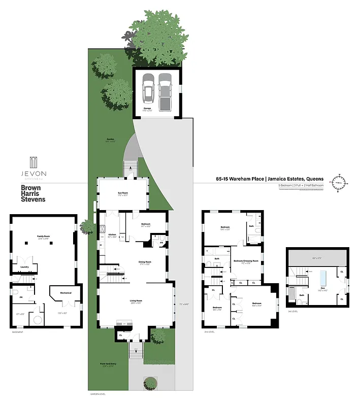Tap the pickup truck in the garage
(x=165, y=91)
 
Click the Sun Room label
(x=123, y=193)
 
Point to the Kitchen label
(x=112, y=234)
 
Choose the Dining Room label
(x=146, y=262)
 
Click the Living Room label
(x=136, y=301)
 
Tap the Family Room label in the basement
(x=43, y=236)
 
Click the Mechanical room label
(x=66, y=293)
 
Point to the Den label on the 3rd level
(x=322, y=288)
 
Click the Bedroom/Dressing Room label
(x=246, y=261)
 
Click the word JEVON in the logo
(x=33, y=173)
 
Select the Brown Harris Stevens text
(x=33, y=193)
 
